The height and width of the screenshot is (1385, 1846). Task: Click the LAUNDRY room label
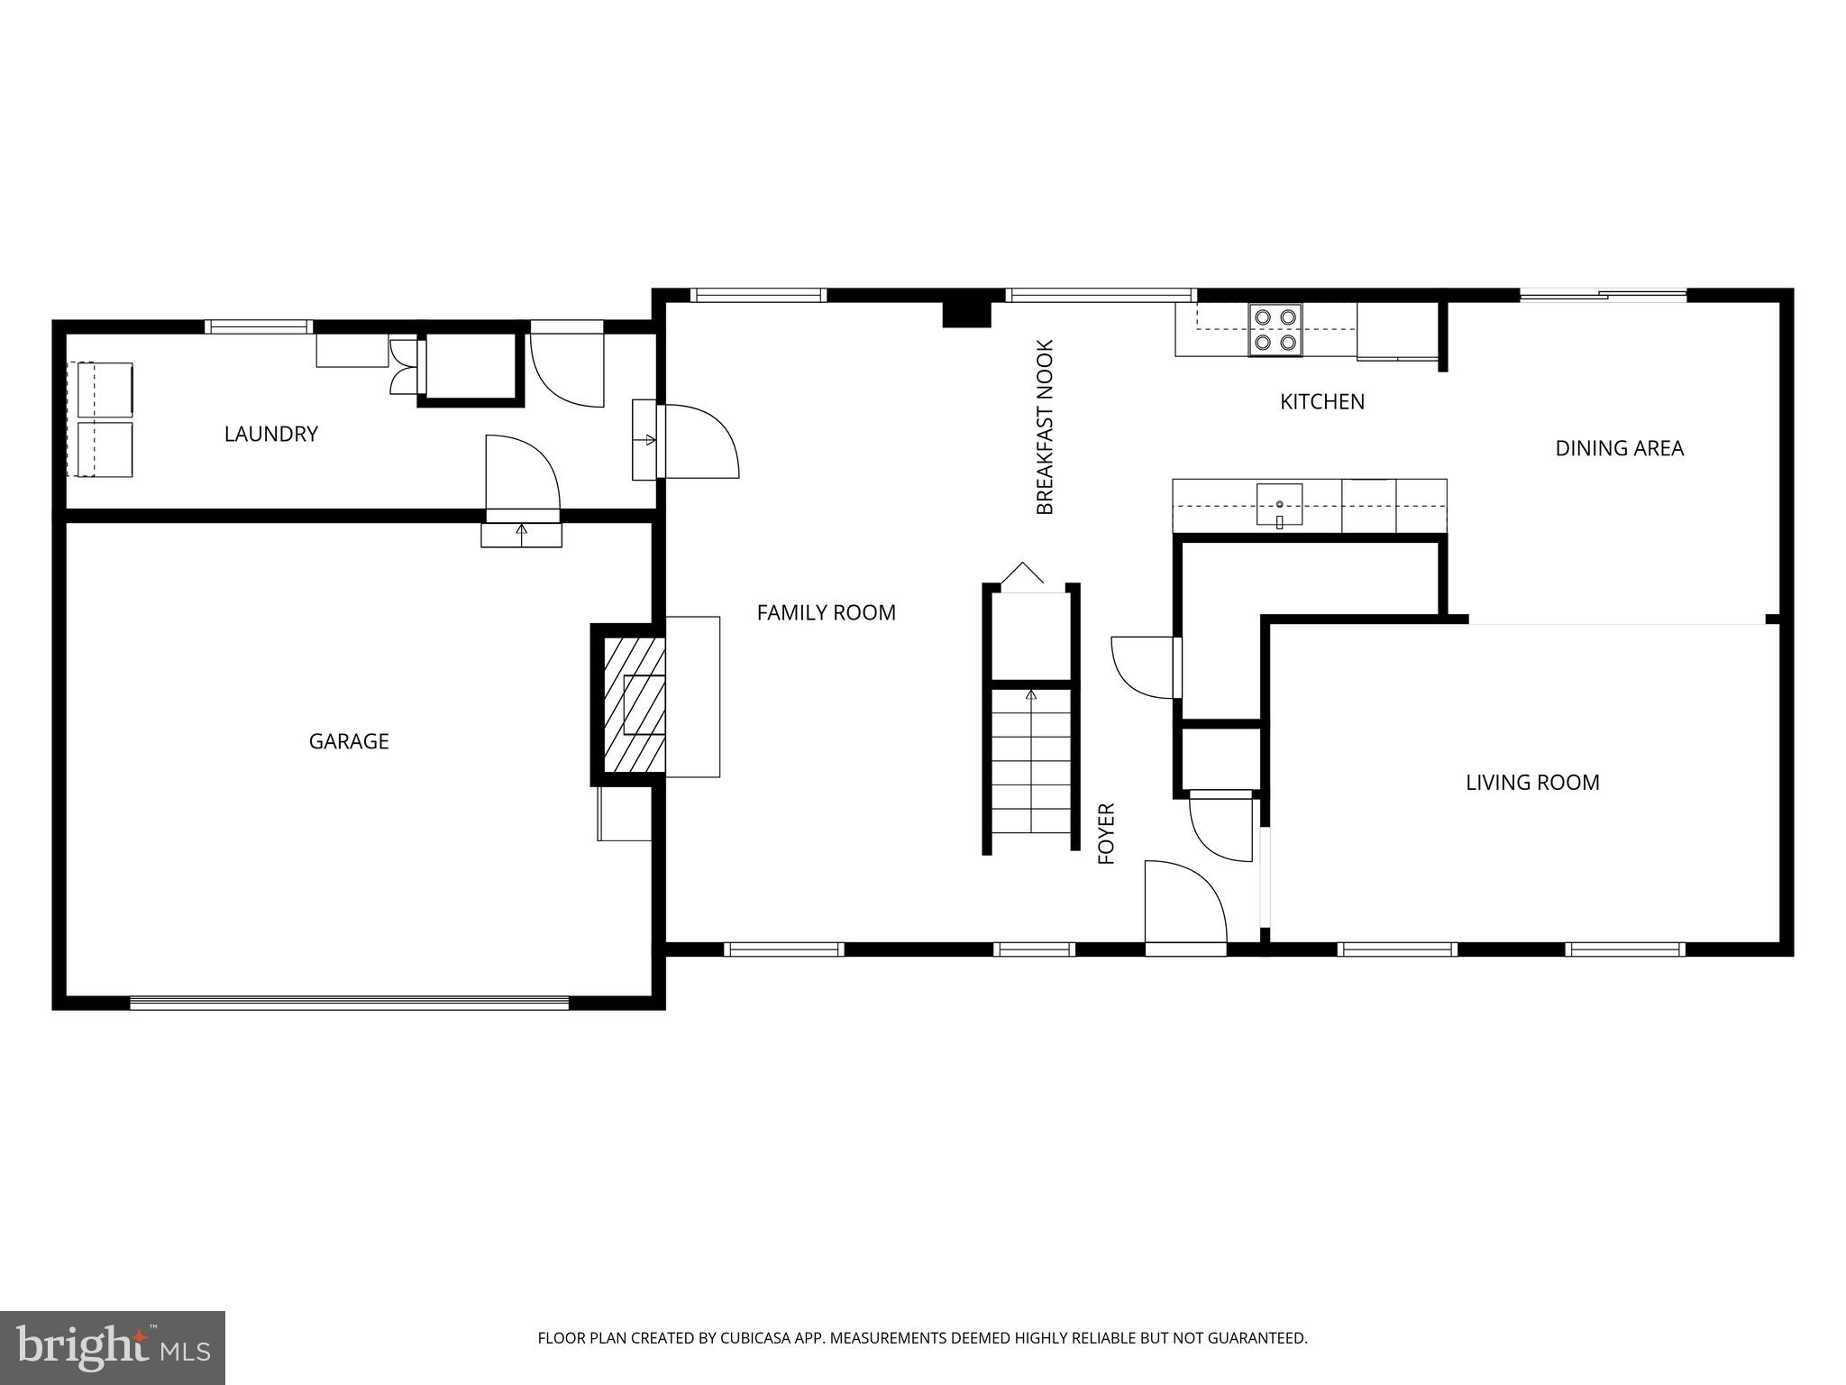point(270,434)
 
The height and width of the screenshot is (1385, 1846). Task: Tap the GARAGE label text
point(349,741)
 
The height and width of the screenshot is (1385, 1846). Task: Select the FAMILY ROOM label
point(826,612)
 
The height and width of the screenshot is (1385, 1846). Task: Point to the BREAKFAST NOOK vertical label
point(1045,427)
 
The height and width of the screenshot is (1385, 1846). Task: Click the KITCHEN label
point(1321,401)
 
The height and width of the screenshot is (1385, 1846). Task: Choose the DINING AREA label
point(1619,448)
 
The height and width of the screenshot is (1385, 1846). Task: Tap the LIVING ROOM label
point(1531,783)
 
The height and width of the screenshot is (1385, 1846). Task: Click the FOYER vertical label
point(1107,833)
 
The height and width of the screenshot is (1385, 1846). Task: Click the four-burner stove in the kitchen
point(1275,329)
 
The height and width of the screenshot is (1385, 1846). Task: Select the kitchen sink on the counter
point(1279,504)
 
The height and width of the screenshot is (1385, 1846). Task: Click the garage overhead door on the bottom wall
point(349,1002)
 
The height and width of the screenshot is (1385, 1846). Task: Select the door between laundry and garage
point(521,476)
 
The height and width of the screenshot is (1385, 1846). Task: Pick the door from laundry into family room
point(699,441)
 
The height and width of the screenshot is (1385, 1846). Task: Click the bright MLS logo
point(113,1347)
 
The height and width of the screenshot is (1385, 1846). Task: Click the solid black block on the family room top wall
point(966,314)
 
